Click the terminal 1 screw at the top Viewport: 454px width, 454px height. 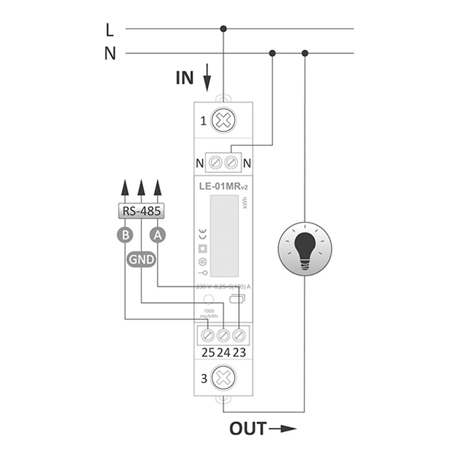pos(223,120)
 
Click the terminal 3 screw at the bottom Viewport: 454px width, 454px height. pos(223,378)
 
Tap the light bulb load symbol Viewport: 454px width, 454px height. pos(305,249)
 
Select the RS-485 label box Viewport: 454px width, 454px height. pos(141,211)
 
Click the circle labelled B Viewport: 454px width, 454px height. pos(125,235)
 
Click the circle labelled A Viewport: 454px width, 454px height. pos(157,235)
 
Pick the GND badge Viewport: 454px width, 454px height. pos(141,259)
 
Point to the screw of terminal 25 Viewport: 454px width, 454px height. pos(208,335)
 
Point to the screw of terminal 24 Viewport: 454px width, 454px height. pos(223,335)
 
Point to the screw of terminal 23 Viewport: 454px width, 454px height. pos(239,335)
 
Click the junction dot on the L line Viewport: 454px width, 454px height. pos(223,28)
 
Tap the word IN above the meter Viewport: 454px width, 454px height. pos(185,78)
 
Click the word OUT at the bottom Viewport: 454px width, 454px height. pos(248,429)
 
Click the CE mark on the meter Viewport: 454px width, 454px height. pos(203,234)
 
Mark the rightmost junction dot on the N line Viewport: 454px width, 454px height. pos(305,53)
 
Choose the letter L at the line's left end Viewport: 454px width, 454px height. pos(109,30)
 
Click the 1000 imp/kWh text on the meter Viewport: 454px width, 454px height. pos(209,313)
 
